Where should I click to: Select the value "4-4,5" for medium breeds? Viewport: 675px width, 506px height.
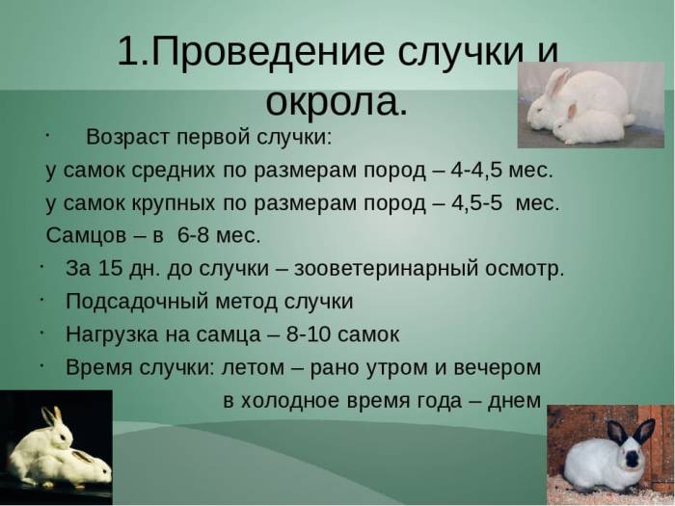480,171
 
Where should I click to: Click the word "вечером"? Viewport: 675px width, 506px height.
497,367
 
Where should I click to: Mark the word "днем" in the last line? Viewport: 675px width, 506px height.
514,400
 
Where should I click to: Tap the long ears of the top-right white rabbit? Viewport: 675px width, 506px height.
556,82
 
